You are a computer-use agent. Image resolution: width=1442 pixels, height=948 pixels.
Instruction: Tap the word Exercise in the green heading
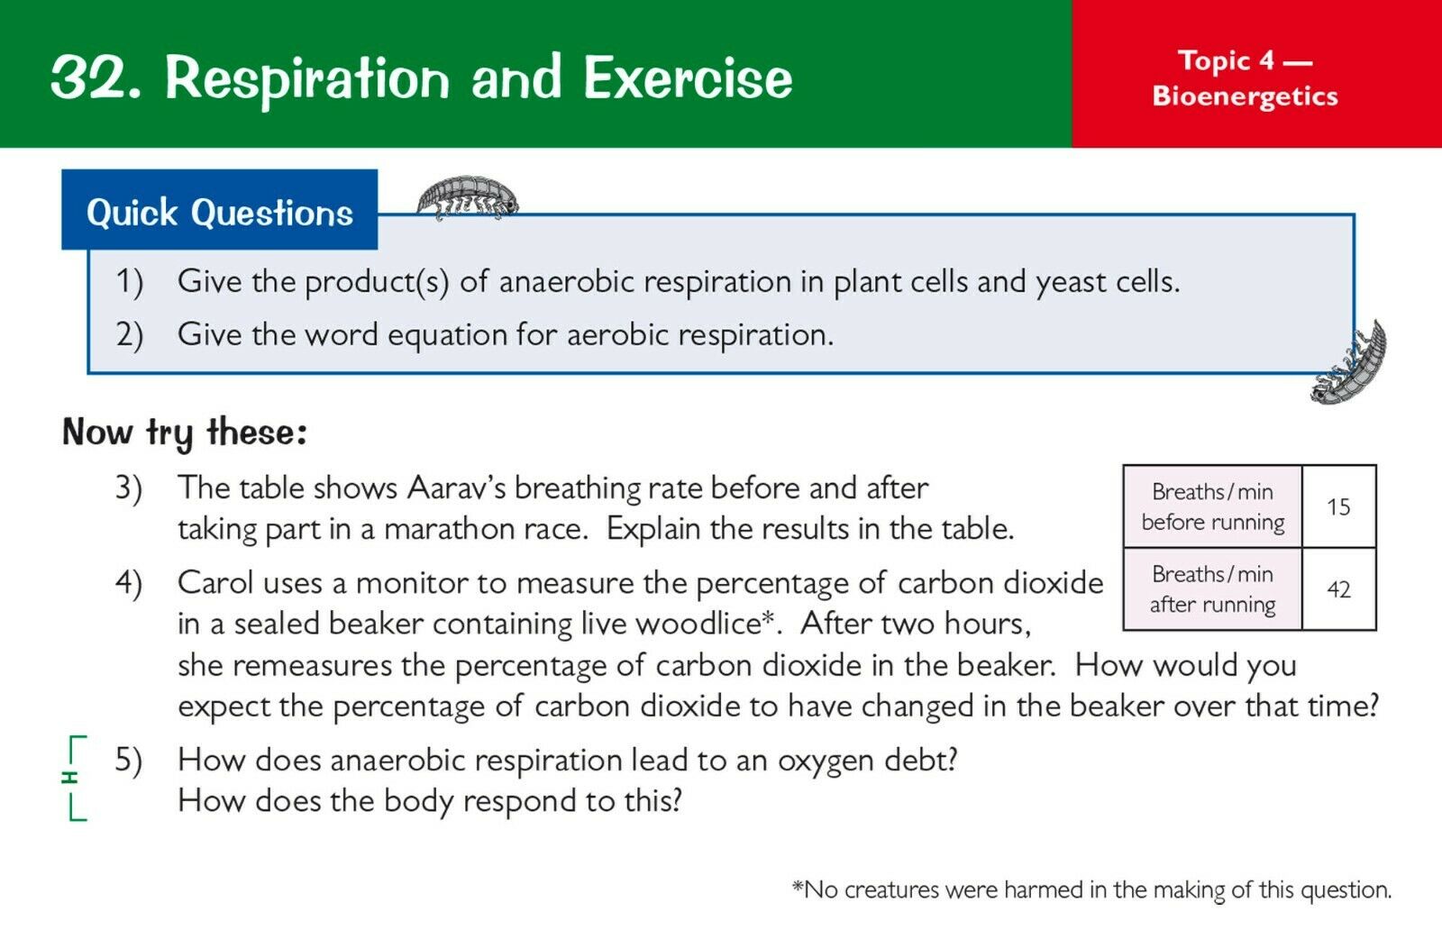click(688, 77)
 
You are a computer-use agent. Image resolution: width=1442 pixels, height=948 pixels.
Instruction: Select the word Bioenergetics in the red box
click(1245, 96)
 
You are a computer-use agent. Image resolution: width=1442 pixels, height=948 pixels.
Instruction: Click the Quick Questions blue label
click(220, 210)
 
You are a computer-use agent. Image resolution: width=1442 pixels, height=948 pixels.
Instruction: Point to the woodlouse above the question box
click(468, 196)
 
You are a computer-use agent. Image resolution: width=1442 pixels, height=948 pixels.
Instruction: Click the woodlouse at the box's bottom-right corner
click(1348, 364)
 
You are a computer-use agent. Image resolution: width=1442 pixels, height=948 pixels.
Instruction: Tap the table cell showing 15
click(1339, 506)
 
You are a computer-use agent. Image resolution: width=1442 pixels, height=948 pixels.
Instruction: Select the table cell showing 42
click(1339, 588)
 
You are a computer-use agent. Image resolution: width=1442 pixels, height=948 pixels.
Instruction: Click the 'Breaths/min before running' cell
click(1213, 506)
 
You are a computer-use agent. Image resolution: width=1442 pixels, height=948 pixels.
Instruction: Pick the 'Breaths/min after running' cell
click(1213, 588)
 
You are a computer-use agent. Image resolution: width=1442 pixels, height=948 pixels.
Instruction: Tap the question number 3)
click(129, 488)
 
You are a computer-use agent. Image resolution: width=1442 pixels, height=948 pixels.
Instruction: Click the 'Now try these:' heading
click(185, 433)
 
